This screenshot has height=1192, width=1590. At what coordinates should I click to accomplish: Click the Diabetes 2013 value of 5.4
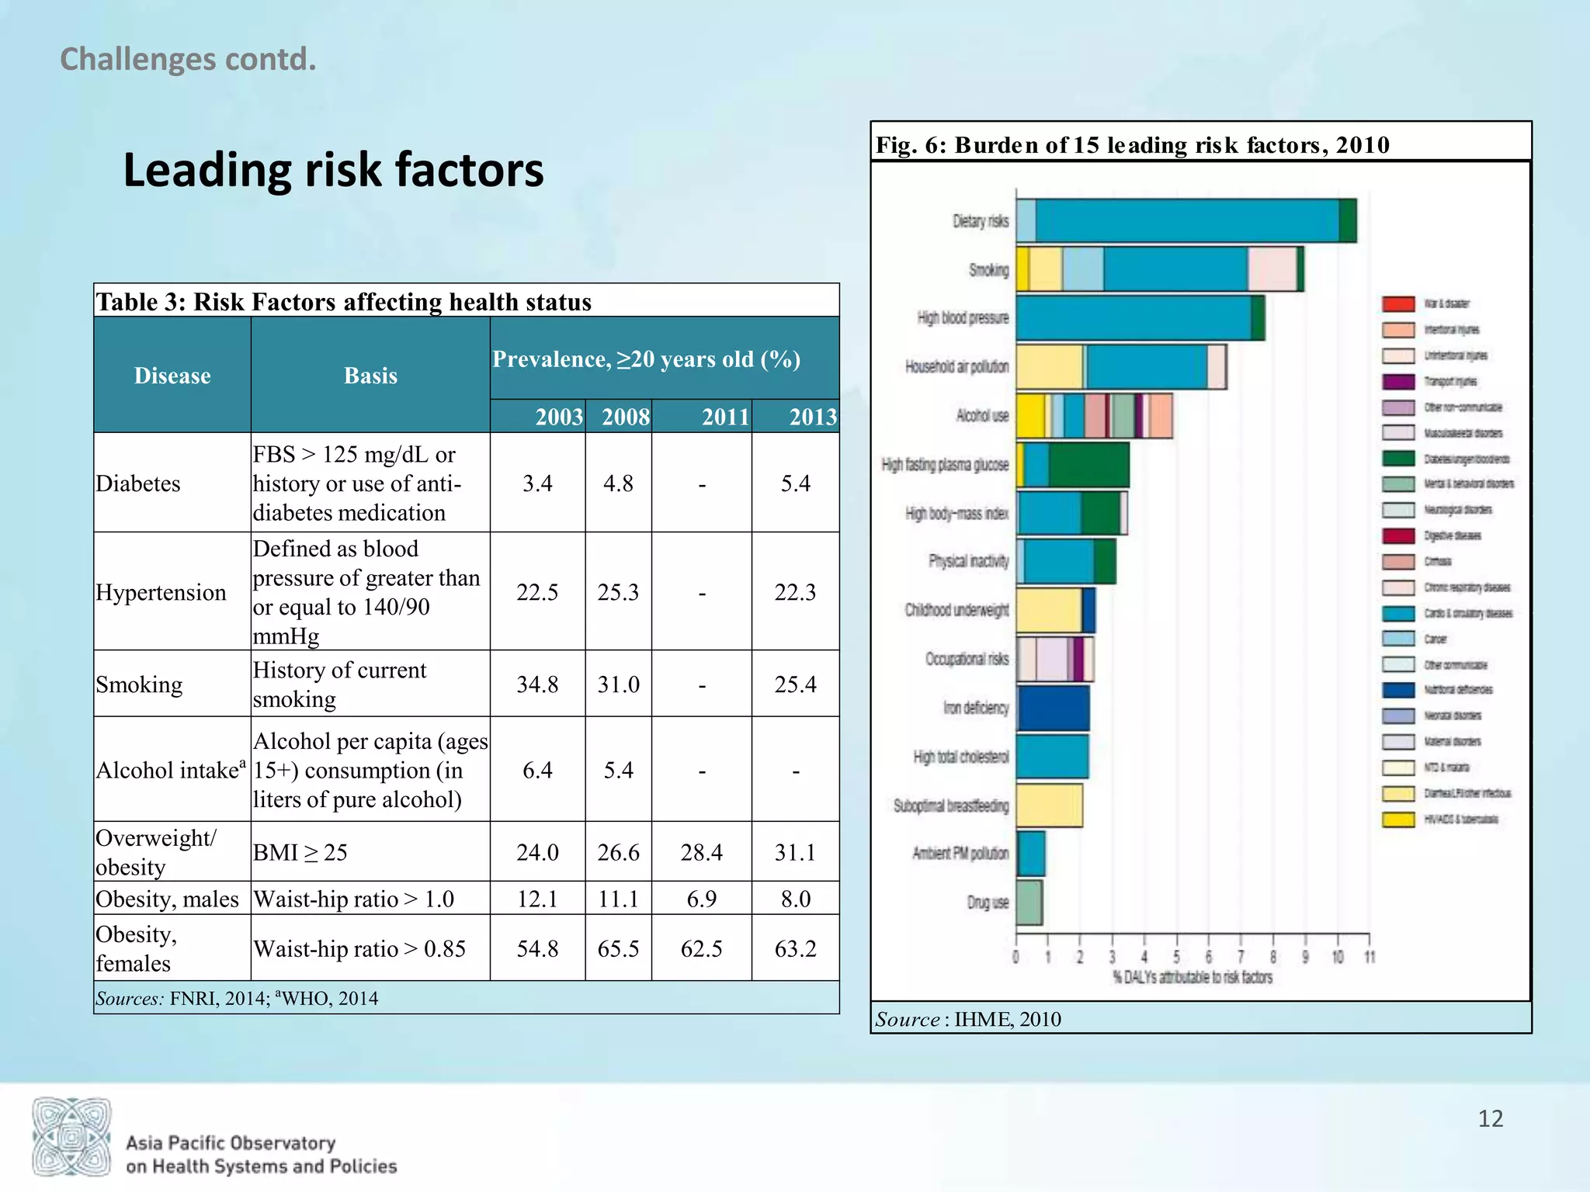click(x=795, y=483)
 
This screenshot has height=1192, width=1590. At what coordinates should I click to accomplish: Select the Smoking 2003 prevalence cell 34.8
click(x=537, y=684)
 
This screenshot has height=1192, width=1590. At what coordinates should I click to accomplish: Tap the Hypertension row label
click(x=161, y=592)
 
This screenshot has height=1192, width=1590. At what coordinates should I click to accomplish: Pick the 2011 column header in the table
click(x=725, y=417)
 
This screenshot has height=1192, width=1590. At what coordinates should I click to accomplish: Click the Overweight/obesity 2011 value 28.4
click(x=701, y=852)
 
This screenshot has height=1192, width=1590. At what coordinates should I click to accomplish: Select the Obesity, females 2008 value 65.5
click(x=618, y=948)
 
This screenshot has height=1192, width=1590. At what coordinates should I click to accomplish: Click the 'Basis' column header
click(x=370, y=376)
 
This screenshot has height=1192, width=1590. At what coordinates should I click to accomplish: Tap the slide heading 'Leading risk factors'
click(x=333, y=170)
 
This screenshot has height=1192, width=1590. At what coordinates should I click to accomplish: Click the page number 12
click(x=1490, y=1118)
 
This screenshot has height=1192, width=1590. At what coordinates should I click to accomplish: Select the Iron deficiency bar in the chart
click(x=1053, y=708)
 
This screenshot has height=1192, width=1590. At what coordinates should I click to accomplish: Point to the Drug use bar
click(x=1029, y=903)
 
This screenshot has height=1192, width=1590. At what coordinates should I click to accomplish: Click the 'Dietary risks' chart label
click(x=981, y=221)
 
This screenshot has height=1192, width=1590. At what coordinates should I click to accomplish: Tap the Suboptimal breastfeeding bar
click(x=1049, y=806)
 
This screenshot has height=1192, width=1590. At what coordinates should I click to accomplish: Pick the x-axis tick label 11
click(x=1370, y=957)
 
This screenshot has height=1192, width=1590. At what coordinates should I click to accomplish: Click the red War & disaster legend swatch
click(x=1398, y=303)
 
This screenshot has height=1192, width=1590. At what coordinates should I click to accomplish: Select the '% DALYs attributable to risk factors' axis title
click(x=1192, y=978)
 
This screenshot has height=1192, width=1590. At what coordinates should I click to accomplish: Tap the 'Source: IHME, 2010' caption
click(x=968, y=1019)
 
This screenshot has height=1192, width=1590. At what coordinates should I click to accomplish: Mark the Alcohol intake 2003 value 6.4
click(x=537, y=770)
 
